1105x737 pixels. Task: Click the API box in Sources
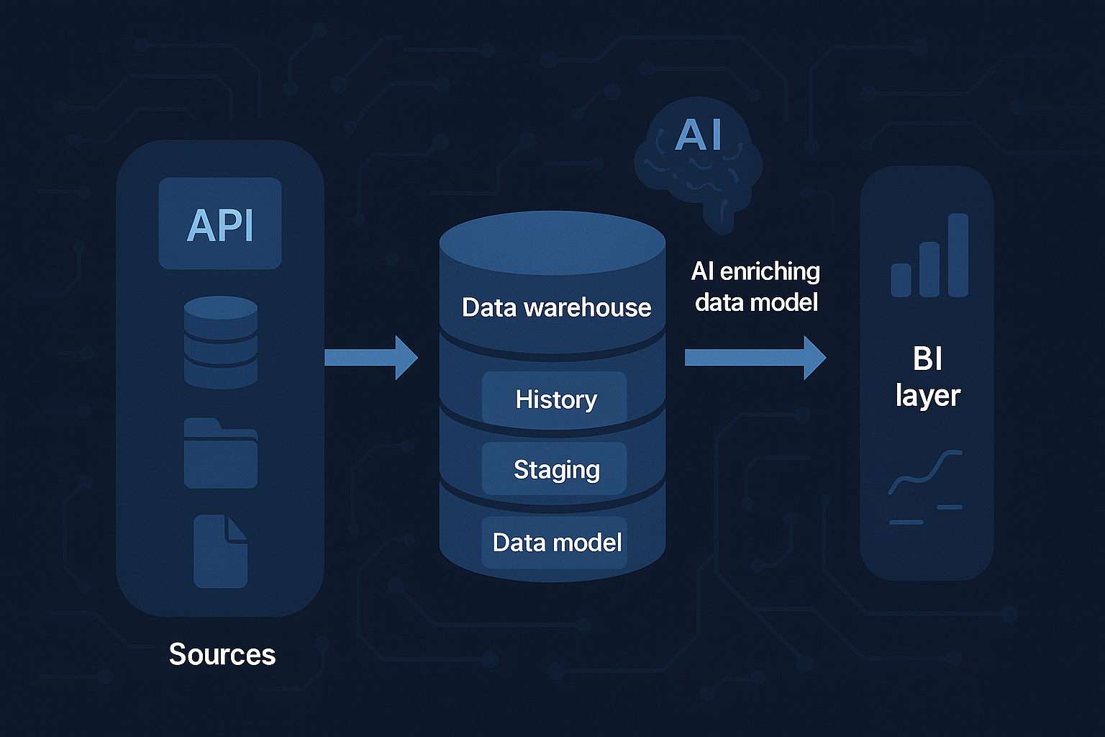[220, 224]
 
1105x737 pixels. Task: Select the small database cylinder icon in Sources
[221, 343]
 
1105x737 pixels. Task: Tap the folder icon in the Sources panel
[221, 454]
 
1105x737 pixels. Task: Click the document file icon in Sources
[220, 552]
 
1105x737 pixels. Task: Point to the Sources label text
[222, 655]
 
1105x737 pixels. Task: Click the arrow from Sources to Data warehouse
[370, 357]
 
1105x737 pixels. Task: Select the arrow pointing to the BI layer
[755, 357]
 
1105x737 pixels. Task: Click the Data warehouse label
[556, 307]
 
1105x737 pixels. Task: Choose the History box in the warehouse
[555, 399]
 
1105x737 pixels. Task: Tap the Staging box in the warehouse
[555, 469]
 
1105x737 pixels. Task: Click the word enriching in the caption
[770, 272]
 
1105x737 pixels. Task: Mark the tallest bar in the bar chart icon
[958, 256]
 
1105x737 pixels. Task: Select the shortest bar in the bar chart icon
[901, 280]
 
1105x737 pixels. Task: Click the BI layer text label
[927, 376]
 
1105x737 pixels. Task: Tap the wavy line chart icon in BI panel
[925, 473]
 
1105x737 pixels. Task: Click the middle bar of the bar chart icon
[929, 269]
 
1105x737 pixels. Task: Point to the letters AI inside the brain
[698, 135]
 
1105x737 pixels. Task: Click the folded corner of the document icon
[237, 528]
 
